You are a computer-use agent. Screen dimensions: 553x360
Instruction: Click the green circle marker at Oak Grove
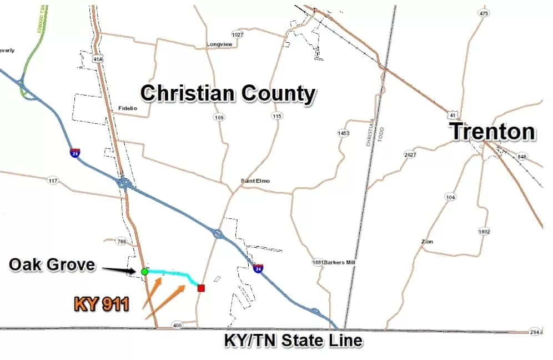(144, 271)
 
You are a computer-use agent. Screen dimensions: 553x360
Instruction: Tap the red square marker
(201, 288)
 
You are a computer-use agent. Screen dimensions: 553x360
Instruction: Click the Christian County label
(228, 93)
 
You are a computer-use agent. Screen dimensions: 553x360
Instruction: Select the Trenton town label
(492, 132)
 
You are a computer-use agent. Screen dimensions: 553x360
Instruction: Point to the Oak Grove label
(52, 264)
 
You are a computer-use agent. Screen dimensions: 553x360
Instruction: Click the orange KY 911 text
(102, 303)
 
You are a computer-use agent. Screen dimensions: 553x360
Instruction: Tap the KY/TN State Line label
(293, 340)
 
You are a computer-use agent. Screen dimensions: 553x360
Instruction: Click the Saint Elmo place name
(255, 181)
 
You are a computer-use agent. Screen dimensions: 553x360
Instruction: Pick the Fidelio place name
(128, 108)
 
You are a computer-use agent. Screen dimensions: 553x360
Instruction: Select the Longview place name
(218, 44)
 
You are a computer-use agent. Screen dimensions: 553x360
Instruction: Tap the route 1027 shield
(237, 34)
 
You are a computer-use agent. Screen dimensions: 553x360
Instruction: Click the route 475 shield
(484, 13)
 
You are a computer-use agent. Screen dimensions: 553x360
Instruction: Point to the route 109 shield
(219, 117)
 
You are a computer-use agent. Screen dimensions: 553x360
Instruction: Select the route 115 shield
(277, 116)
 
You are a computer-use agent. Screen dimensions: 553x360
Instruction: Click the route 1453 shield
(344, 133)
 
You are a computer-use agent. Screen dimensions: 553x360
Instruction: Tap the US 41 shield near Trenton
(453, 115)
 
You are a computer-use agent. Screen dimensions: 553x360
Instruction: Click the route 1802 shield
(484, 231)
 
